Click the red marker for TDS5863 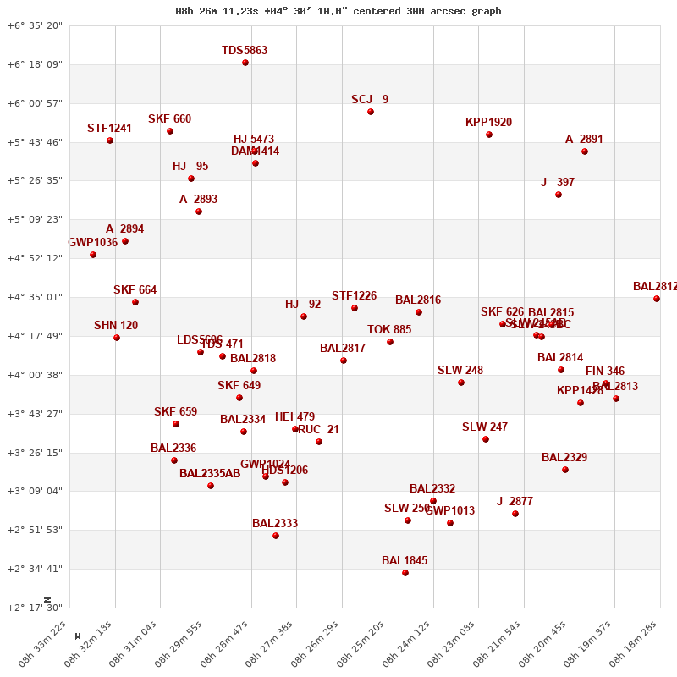(x=245, y=63)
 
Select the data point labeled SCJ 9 (x=371, y=112)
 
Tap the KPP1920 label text (x=488, y=123)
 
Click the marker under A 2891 (x=585, y=151)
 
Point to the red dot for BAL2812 (x=657, y=299)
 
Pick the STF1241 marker (x=110, y=140)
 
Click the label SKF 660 (x=169, y=119)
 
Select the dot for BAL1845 (x=405, y=573)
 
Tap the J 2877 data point (x=515, y=514)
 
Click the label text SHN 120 (x=116, y=326)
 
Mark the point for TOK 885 (x=390, y=342)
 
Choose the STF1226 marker (x=355, y=308)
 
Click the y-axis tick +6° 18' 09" (x=35, y=64)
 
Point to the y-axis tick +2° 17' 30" (x=35, y=608)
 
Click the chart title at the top (x=338, y=11)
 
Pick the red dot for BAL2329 (x=565, y=470)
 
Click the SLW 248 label (x=460, y=371)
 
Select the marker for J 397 (x=559, y=195)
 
